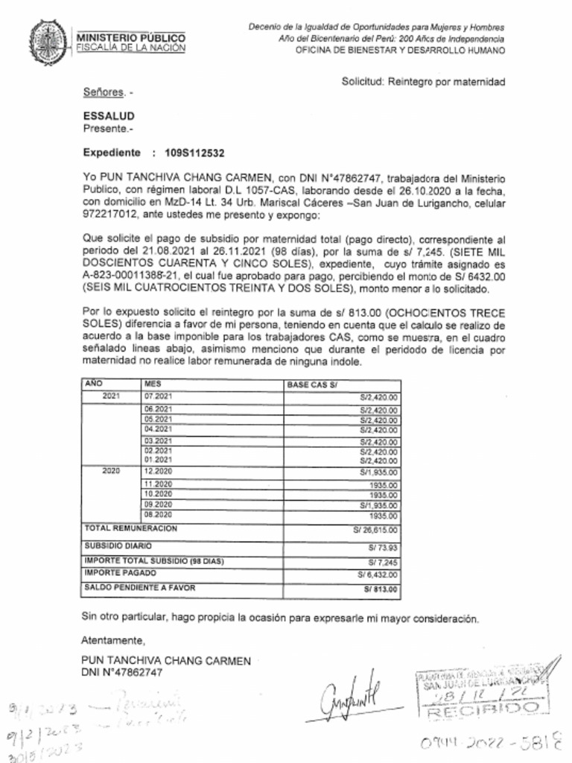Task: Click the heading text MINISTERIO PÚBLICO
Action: coord(131,38)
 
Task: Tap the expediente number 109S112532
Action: coord(194,153)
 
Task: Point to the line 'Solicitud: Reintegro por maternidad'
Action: coord(423,81)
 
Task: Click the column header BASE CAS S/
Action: coord(312,384)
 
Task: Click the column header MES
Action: coord(152,383)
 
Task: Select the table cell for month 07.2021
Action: coord(158,396)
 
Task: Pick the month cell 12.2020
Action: coord(158,472)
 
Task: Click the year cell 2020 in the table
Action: coord(110,472)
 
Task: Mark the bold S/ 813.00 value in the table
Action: coord(381,589)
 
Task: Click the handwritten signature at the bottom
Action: coord(351,694)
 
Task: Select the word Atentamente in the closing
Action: coord(112,641)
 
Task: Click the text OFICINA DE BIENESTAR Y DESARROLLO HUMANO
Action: coord(400,51)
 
